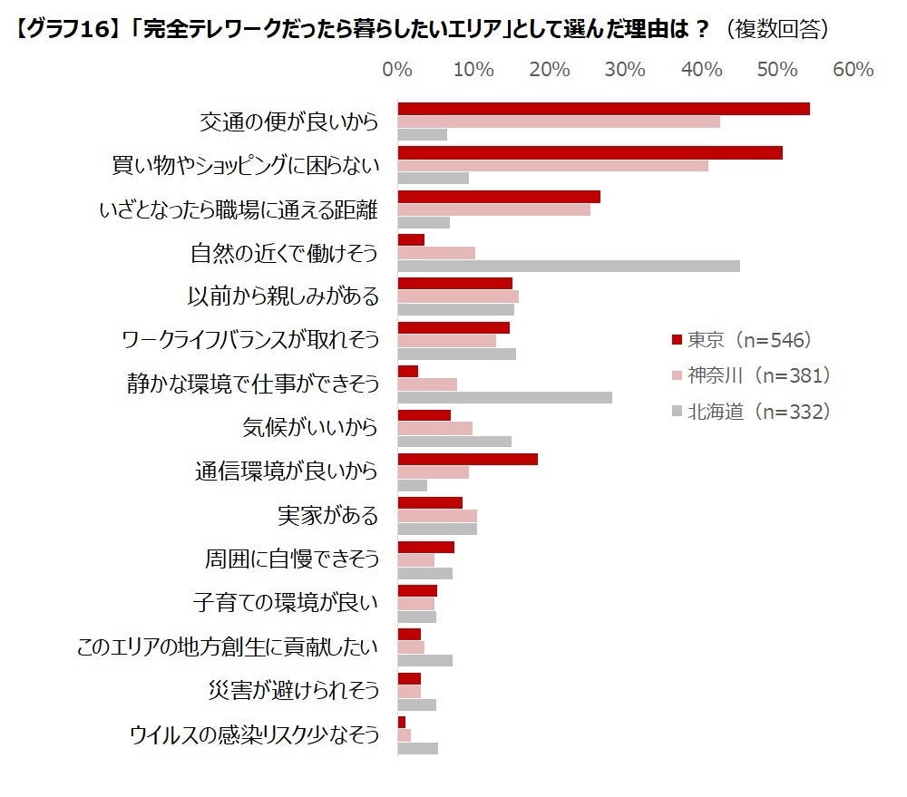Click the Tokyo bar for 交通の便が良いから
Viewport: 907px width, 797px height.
[x=603, y=109]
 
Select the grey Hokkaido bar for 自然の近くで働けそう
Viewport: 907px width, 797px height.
[x=569, y=266]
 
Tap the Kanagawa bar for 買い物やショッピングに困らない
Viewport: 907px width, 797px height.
[x=552, y=166]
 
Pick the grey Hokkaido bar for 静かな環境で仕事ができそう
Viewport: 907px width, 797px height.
[x=504, y=397]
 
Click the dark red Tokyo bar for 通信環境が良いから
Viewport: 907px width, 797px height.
[x=467, y=459]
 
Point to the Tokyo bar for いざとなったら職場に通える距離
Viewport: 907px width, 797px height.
[x=499, y=197]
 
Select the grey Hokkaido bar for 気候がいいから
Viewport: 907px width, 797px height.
[x=454, y=442]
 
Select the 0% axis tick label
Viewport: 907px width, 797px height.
[x=397, y=70]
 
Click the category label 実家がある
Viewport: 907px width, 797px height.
[x=327, y=516]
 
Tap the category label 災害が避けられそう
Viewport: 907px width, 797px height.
[x=292, y=691]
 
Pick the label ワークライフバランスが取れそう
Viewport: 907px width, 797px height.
[x=249, y=341]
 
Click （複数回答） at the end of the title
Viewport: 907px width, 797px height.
[x=775, y=29]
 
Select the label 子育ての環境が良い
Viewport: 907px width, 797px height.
[x=285, y=603]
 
